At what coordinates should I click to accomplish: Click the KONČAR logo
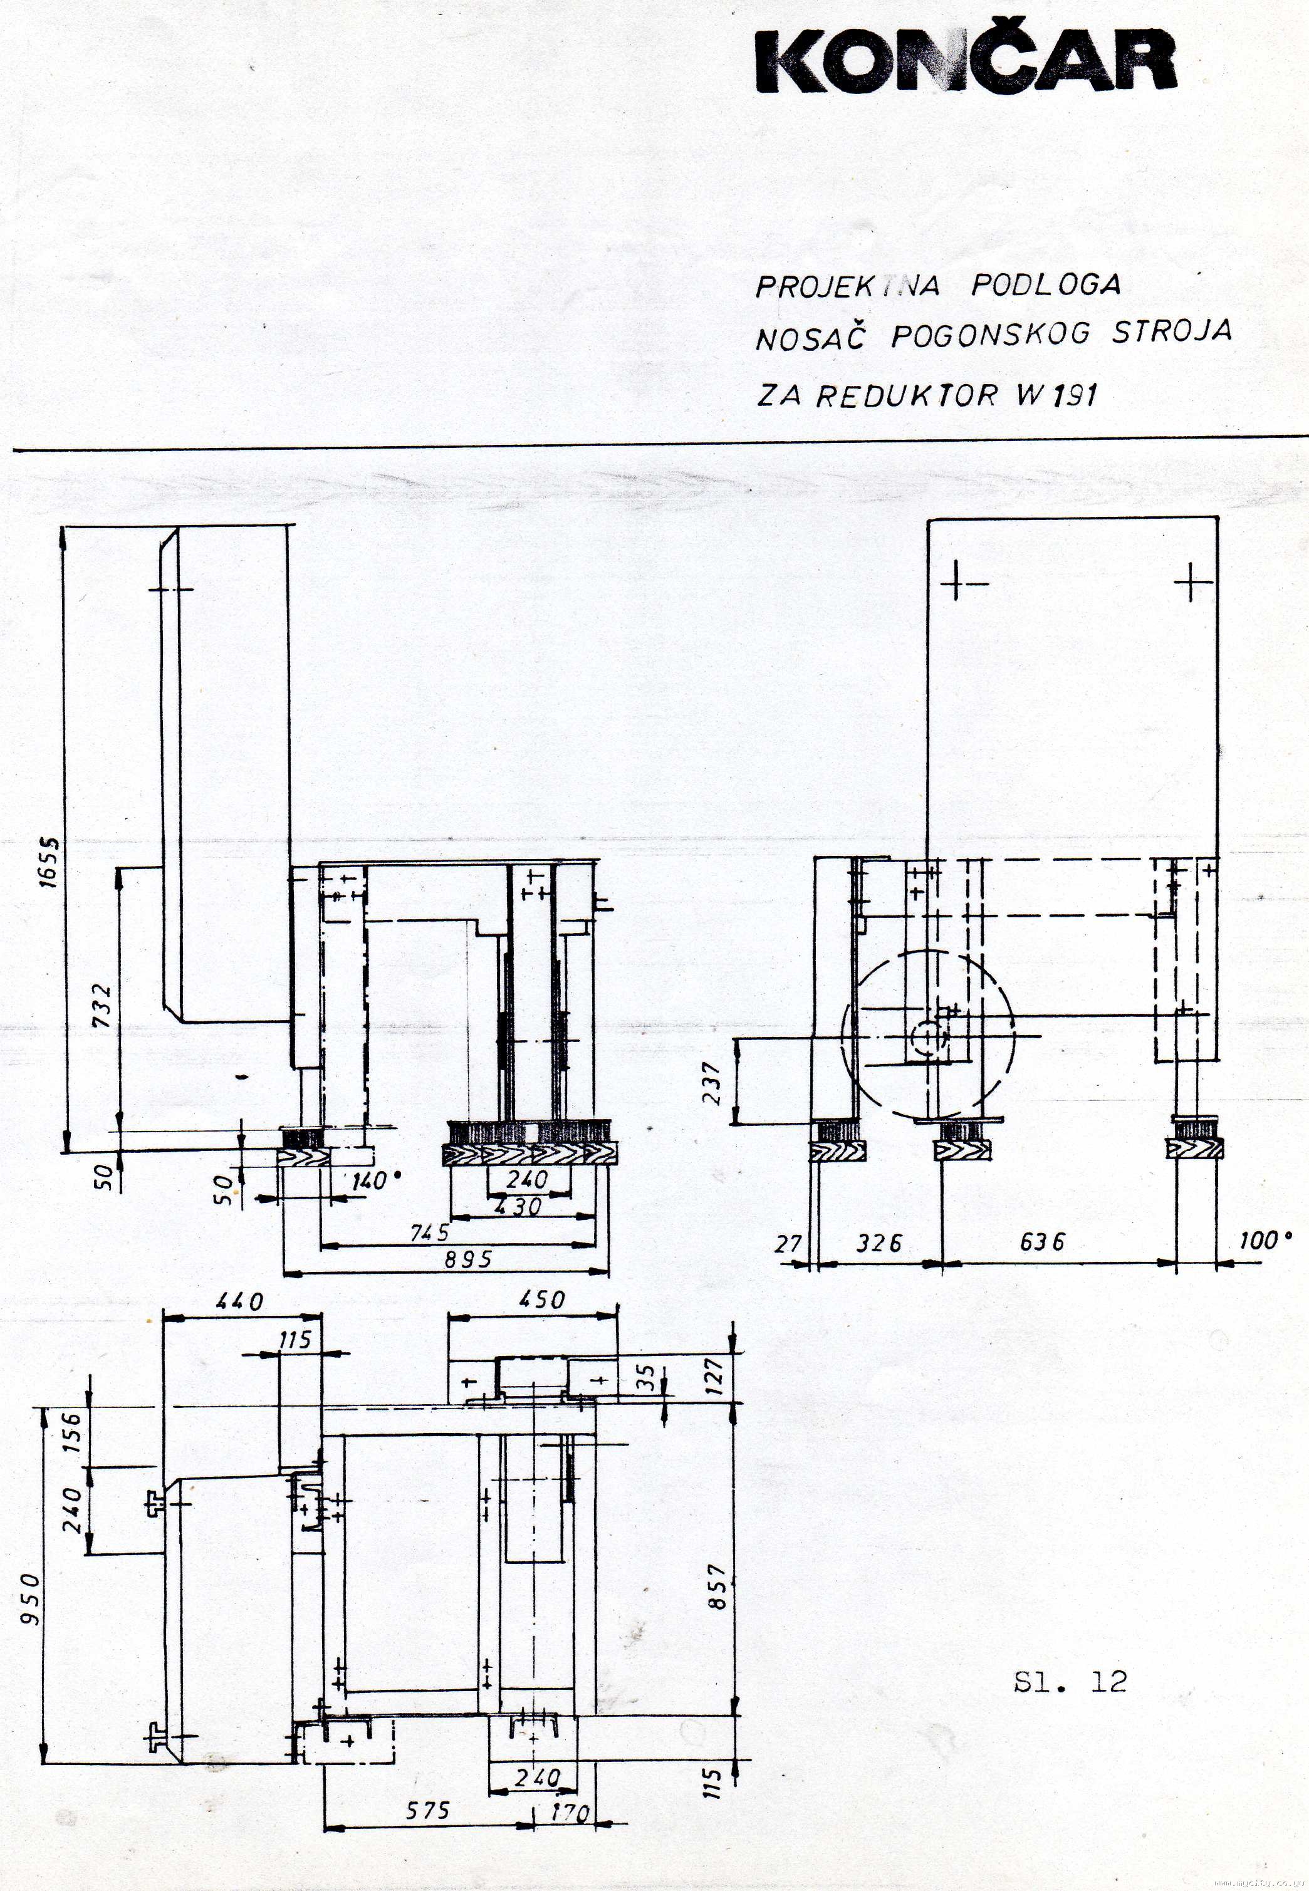point(966,61)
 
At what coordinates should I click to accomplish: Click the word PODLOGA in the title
point(1046,284)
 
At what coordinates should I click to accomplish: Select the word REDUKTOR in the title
point(905,395)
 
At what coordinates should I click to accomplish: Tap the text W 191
point(1056,395)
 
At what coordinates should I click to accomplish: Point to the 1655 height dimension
point(50,862)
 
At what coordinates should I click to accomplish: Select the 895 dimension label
point(468,1259)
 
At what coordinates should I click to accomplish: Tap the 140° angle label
point(375,1181)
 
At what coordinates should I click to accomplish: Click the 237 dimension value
point(712,1083)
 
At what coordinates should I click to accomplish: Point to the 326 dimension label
point(879,1243)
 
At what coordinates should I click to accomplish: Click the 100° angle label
point(1264,1240)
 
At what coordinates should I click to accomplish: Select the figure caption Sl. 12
point(1070,1682)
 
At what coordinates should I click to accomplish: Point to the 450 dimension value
point(542,1300)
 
